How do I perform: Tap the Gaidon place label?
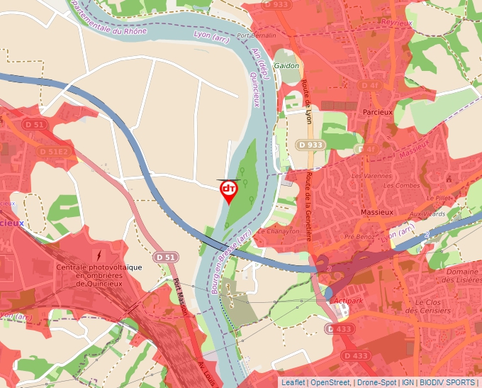pyautogui.click(x=286, y=65)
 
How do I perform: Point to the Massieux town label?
pyautogui.click(x=377, y=212)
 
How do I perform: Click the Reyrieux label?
pyautogui.click(x=396, y=23)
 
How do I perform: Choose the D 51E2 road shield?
pyautogui.click(x=54, y=151)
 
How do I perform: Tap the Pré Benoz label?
pyautogui.click(x=359, y=236)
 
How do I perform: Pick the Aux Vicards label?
pyautogui.click(x=427, y=214)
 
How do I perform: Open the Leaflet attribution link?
pyautogui.click(x=293, y=382)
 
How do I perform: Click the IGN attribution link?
pyautogui.click(x=408, y=382)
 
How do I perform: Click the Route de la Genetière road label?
pyautogui.click(x=310, y=206)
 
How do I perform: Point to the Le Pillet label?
pyautogui.click(x=438, y=198)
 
